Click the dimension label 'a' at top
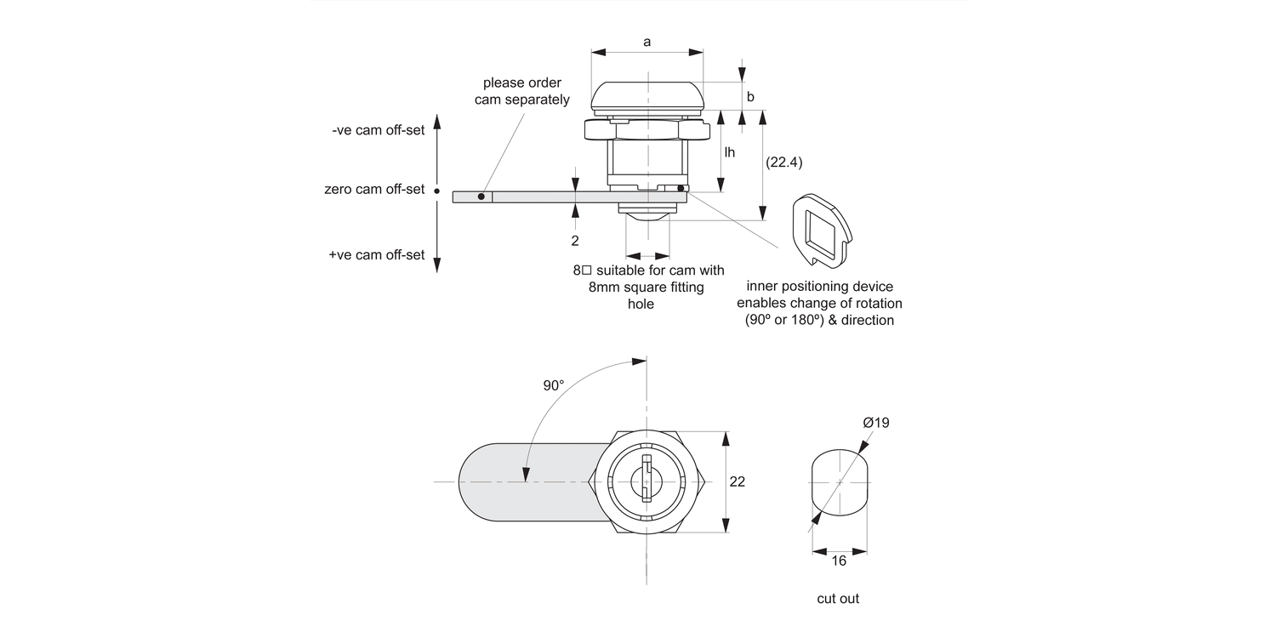click(647, 42)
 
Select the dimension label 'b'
click(750, 97)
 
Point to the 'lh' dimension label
click(730, 152)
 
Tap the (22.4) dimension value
click(784, 161)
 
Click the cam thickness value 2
click(575, 241)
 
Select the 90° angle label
click(553, 385)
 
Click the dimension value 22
click(738, 481)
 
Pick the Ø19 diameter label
click(876, 423)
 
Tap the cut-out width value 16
click(839, 561)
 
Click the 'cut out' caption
click(838, 599)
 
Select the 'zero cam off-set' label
click(374, 189)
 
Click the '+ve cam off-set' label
click(377, 254)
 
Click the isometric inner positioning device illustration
click(821, 226)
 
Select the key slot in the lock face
click(647, 481)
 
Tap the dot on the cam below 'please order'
click(481, 197)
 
